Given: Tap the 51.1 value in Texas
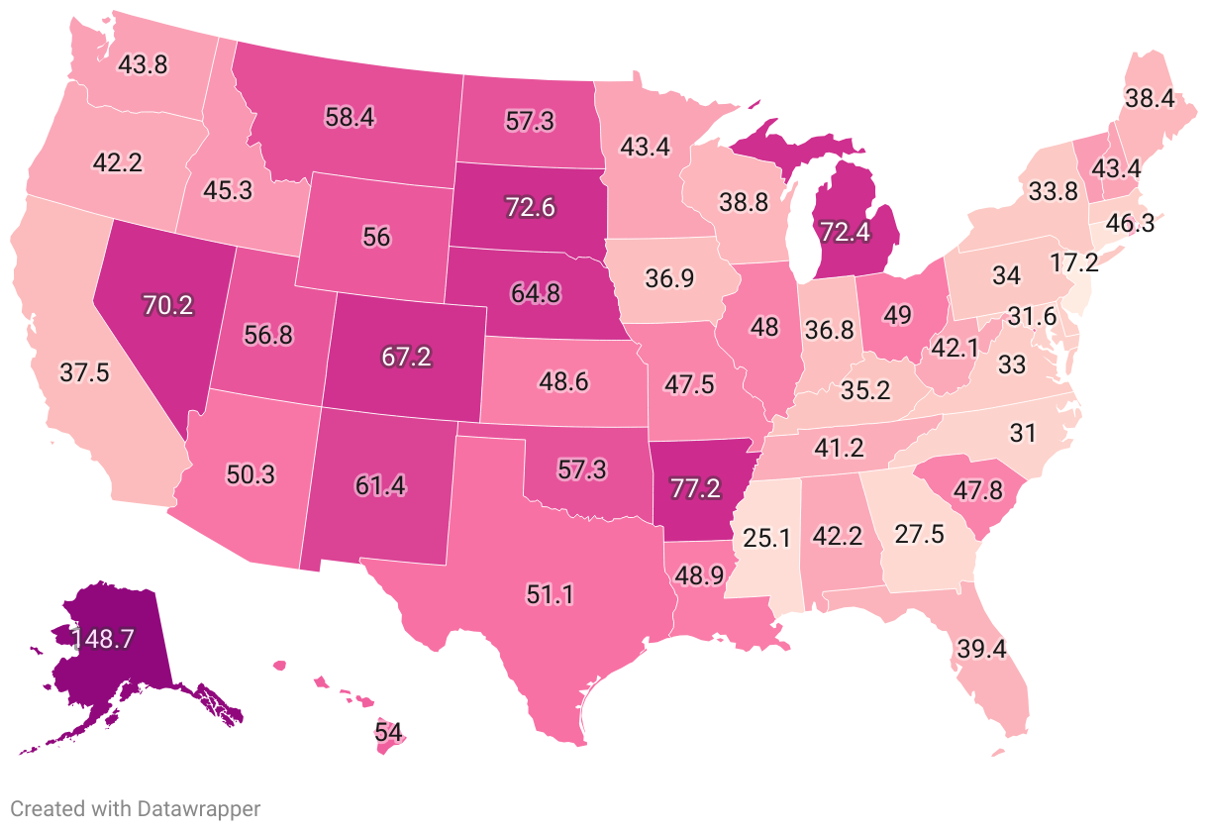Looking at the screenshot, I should point(551,594).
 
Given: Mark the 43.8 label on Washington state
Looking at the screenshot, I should point(145,64).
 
